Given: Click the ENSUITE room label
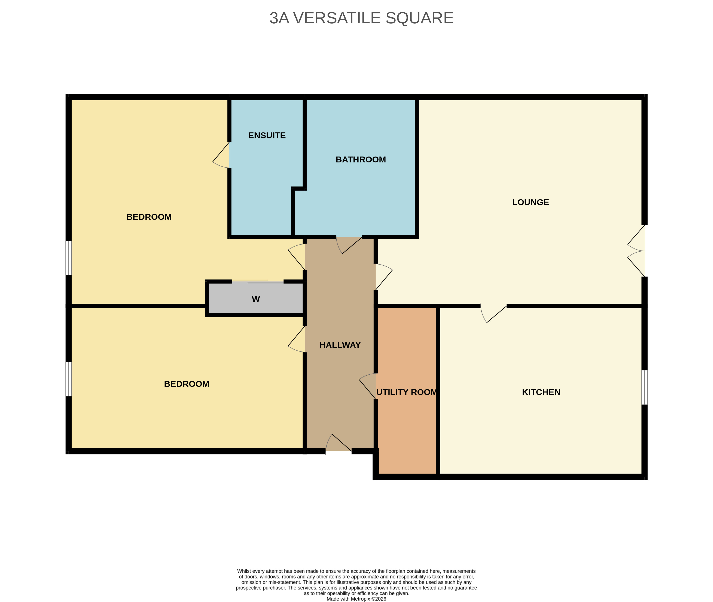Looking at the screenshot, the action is [x=267, y=135].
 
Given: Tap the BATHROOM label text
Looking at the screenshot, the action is [x=361, y=160].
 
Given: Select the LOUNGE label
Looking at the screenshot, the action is [x=531, y=202].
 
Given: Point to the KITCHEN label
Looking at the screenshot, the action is [x=541, y=392].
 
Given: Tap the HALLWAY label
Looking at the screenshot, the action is [x=340, y=345].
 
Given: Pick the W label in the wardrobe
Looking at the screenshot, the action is [x=256, y=299].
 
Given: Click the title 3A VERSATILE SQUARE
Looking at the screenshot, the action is [x=361, y=18].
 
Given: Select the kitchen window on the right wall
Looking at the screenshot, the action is [x=644, y=387].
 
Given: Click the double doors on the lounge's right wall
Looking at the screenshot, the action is [x=636, y=251].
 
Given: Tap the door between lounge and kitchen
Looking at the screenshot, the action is [x=493, y=313].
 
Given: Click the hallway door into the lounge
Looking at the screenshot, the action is [x=384, y=277].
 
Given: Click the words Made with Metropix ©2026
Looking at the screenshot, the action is [x=356, y=599].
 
